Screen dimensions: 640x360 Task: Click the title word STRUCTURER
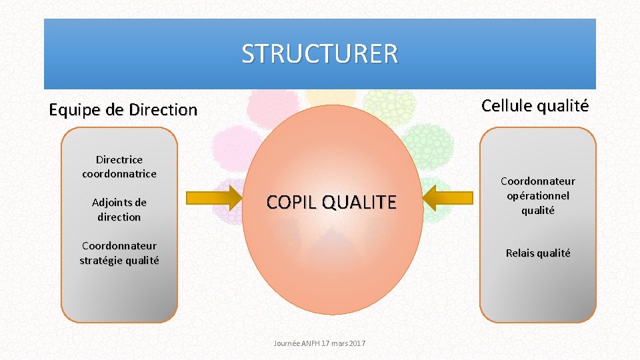(x=319, y=53)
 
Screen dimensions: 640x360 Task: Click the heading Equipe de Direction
(x=123, y=110)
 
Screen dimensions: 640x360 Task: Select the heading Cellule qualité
(x=535, y=105)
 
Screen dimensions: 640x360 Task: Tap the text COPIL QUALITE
(x=331, y=202)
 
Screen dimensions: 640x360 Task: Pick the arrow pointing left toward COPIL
(x=448, y=198)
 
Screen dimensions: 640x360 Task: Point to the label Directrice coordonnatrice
(x=119, y=167)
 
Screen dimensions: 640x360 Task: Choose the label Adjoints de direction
(x=119, y=209)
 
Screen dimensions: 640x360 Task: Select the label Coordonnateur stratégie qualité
(x=119, y=253)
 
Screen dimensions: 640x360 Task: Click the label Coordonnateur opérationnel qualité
(x=538, y=195)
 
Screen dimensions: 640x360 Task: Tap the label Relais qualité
(x=538, y=253)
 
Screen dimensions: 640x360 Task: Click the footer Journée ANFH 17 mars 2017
(x=319, y=343)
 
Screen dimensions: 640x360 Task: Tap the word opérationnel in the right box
(x=538, y=195)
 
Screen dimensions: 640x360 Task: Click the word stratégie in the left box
(x=101, y=260)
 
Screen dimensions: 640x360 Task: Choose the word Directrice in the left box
(x=119, y=159)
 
